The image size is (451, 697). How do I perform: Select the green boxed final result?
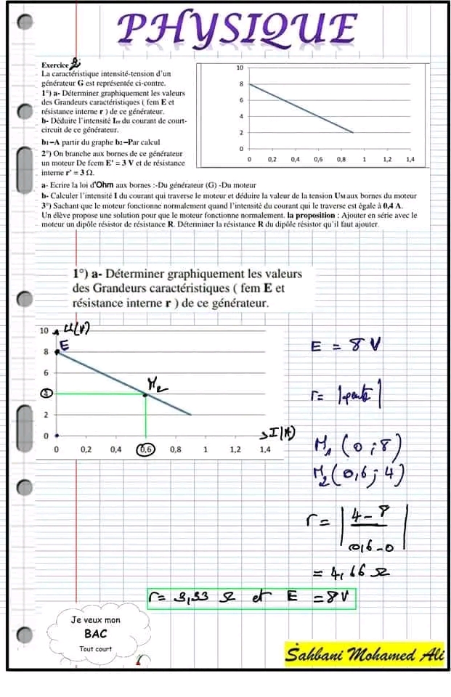(x=251, y=598)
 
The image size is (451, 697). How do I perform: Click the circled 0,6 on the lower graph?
(x=146, y=449)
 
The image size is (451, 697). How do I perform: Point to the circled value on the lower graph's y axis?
(x=46, y=394)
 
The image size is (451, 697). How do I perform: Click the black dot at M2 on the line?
(x=145, y=394)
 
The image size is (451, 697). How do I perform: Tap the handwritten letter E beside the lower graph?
(x=63, y=347)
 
